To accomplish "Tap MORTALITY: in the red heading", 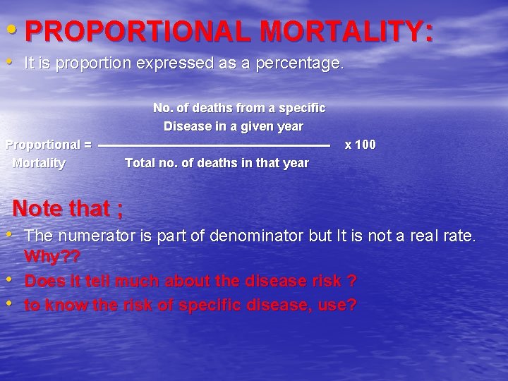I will coord(346,31).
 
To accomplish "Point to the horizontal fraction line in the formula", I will coord(214,145).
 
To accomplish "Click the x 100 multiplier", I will coord(360,145).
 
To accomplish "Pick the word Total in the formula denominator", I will coord(140,163).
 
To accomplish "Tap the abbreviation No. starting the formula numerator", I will coord(164,108).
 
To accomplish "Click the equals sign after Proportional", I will coord(87,145).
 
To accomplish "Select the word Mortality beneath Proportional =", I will coord(40,163).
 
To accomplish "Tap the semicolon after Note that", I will coord(121,210).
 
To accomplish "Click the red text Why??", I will coord(52,255).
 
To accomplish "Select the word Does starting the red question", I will coord(42,280).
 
